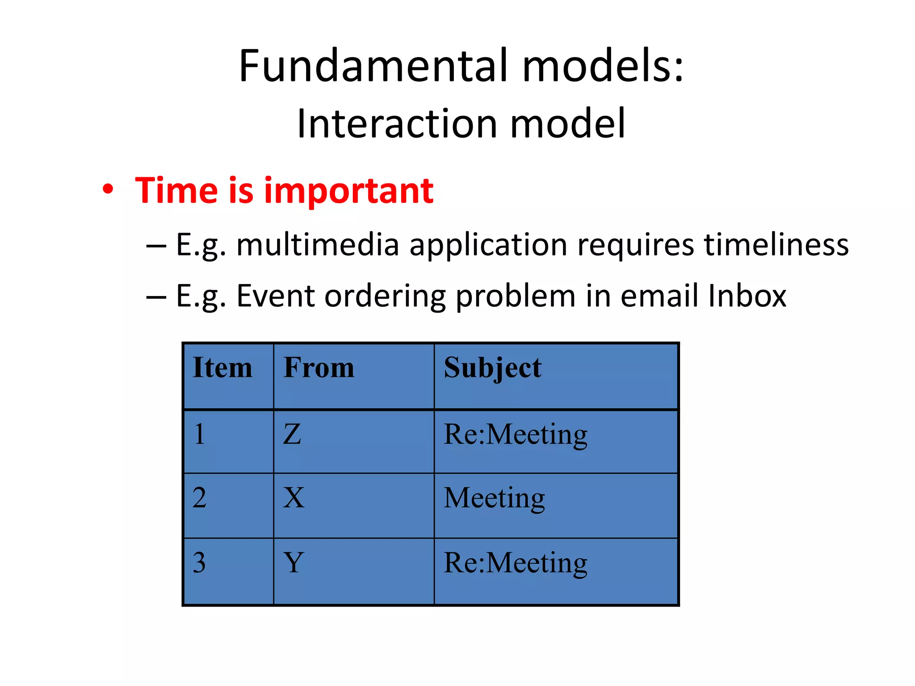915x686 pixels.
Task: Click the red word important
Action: (348, 191)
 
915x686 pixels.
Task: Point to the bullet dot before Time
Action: (108, 190)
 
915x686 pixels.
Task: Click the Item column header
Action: (222, 368)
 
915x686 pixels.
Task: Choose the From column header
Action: (319, 368)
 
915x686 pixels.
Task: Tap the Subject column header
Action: (492, 368)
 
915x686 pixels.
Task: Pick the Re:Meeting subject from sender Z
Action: (515, 435)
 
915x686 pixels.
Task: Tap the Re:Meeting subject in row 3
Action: (515, 563)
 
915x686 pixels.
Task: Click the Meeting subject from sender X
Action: (494, 498)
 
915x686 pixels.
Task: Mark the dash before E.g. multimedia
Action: (156, 246)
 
